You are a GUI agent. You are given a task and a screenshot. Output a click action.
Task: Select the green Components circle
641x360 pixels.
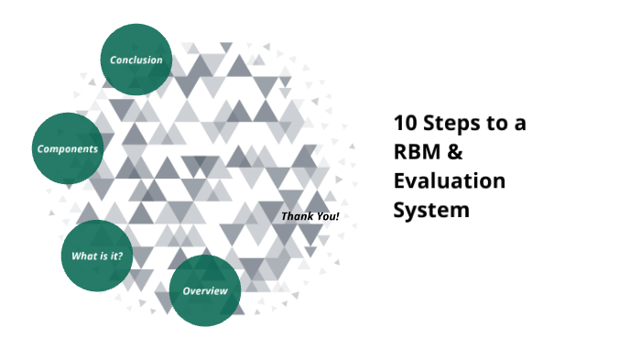(x=68, y=147)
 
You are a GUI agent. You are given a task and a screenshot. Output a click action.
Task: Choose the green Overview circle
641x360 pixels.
(x=205, y=290)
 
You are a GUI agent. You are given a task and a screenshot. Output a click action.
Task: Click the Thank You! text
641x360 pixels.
(x=310, y=217)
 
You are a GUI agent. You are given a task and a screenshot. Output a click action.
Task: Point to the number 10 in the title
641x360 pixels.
(x=404, y=123)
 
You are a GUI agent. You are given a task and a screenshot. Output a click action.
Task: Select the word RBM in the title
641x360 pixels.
(x=414, y=152)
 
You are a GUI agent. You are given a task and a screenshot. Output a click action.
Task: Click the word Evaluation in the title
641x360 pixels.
(x=449, y=180)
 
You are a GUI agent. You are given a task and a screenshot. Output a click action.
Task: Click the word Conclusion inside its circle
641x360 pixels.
(x=136, y=60)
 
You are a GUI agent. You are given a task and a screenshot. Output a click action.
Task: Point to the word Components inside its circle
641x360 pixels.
(x=68, y=148)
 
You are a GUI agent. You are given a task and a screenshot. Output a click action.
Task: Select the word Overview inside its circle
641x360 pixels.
(x=205, y=291)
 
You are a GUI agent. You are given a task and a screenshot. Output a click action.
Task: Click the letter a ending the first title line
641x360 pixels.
(x=520, y=125)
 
